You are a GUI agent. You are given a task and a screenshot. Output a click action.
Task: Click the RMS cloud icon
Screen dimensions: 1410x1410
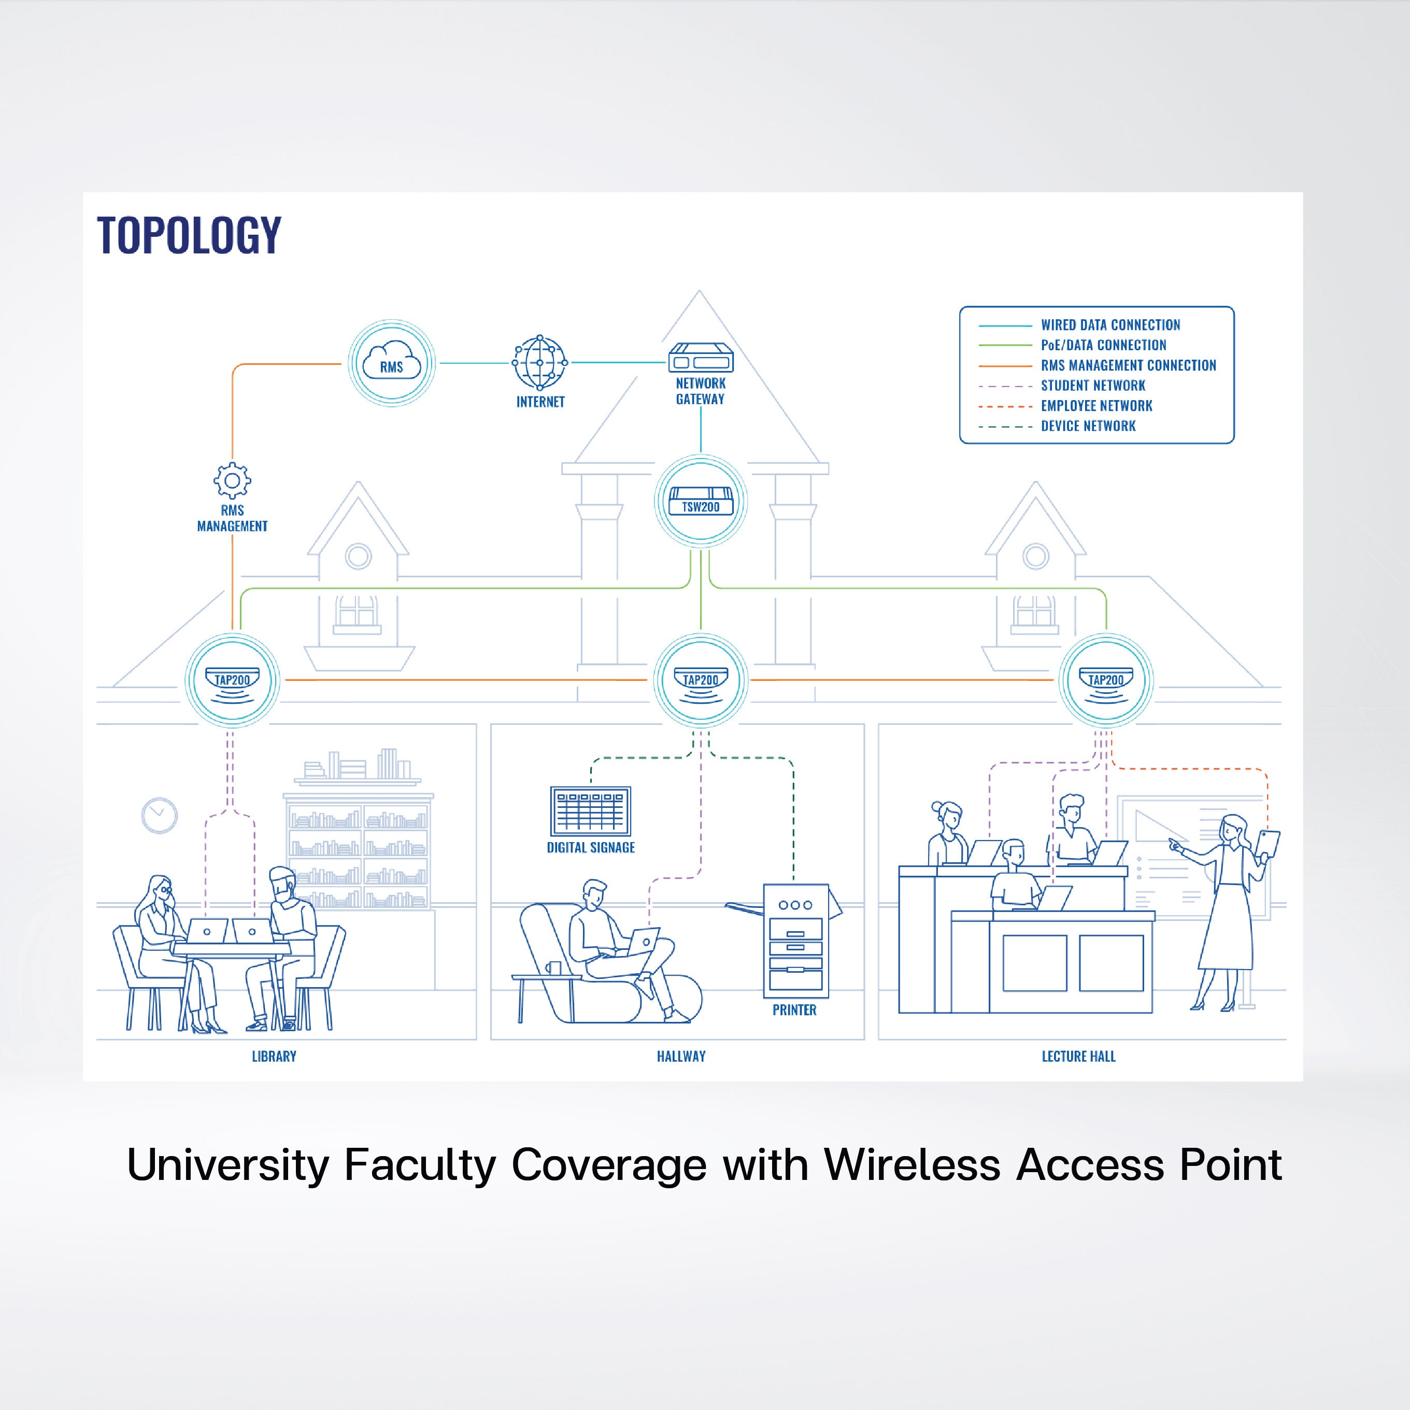(x=392, y=363)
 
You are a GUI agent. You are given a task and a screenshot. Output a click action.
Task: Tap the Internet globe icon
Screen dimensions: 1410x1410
(x=540, y=362)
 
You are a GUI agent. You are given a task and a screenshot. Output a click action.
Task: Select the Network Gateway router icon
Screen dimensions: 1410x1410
(x=701, y=358)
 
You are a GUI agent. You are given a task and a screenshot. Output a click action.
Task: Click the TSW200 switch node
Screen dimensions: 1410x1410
(x=701, y=502)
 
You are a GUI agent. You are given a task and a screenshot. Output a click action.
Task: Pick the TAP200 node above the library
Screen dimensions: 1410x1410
(x=232, y=680)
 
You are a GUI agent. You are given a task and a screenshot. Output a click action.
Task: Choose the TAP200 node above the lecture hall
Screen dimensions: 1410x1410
(x=1106, y=680)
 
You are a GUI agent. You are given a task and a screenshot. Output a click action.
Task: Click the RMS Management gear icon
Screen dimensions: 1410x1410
(x=232, y=480)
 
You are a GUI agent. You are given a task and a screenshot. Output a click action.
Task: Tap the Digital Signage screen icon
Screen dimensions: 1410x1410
(x=590, y=811)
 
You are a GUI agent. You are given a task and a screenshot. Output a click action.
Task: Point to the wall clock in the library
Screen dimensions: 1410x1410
(x=159, y=815)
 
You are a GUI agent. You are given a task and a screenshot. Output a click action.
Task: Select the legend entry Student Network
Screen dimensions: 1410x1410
(x=1092, y=386)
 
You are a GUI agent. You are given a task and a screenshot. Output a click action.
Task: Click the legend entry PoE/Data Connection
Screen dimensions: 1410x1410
(x=1103, y=345)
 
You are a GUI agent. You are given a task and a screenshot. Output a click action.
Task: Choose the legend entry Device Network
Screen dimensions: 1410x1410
(x=1087, y=426)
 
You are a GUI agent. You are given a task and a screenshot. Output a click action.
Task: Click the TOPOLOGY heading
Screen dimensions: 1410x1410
(x=189, y=235)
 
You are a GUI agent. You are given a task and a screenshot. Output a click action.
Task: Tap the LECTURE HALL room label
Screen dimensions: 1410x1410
(x=1078, y=1056)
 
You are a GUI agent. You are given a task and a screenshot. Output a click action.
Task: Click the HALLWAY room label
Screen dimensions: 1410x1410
(x=681, y=1056)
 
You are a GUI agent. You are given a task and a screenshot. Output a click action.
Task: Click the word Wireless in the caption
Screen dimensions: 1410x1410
(x=911, y=1165)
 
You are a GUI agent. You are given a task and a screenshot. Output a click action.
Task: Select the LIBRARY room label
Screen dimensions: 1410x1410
(x=274, y=1056)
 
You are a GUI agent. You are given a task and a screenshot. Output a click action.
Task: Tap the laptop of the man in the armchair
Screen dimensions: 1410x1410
(x=643, y=942)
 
